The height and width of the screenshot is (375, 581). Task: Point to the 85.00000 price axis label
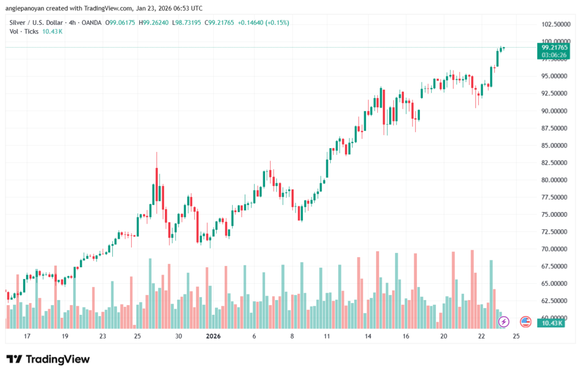(x=553, y=145)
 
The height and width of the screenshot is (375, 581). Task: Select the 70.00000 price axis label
(x=553, y=249)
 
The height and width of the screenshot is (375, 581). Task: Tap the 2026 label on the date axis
(x=213, y=336)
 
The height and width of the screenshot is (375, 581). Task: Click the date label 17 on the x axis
(x=27, y=336)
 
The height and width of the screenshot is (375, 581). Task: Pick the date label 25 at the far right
(x=516, y=336)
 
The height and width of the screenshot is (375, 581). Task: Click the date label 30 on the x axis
(x=178, y=336)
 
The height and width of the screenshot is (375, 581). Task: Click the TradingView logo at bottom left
(x=48, y=359)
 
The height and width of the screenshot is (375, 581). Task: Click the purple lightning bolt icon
(x=503, y=322)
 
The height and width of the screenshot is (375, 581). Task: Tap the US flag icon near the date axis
(x=525, y=322)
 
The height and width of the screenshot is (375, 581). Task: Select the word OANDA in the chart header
(x=91, y=23)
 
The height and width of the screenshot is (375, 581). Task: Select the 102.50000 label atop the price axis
(x=553, y=24)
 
